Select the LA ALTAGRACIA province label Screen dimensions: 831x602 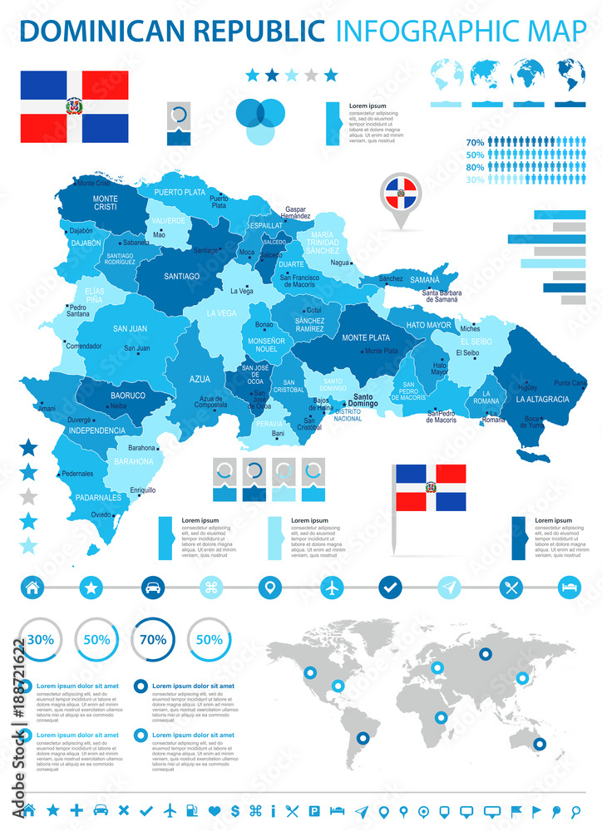tap(542, 399)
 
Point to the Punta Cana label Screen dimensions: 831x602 tap(570, 383)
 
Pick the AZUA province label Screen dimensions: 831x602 tap(200, 379)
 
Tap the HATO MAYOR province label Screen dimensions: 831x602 tap(428, 325)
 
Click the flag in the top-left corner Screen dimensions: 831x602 tap(75, 106)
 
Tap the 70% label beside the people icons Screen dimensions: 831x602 tap(475, 142)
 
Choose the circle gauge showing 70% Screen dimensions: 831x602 tap(152, 640)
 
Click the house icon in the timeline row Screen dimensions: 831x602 tap(32, 587)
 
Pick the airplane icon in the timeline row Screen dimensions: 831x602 tap(332, 587)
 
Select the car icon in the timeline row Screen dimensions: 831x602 tap(152, 587)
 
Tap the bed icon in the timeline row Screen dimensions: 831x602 tap(570, 587)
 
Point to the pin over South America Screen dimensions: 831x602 tap(363, 737)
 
